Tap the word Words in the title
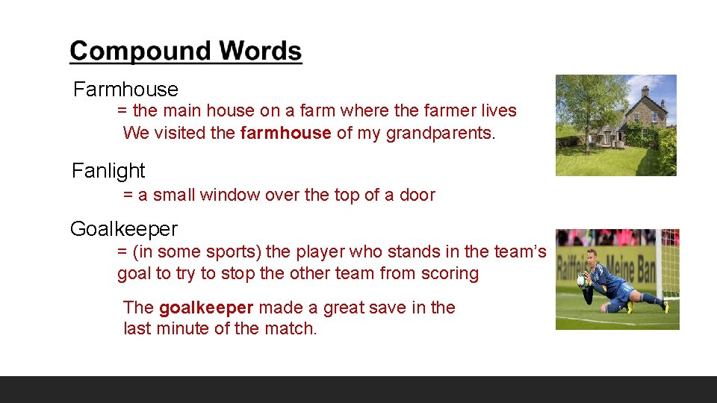click(261, 51)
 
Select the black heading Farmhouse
click(125, 90)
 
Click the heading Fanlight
click(108, 171)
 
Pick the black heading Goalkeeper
click(124, 228)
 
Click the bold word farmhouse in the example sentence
click(286, 134)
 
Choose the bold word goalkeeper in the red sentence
click(206, 307)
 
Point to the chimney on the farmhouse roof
click(645, 90)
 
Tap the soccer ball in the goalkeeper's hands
click(583, 281)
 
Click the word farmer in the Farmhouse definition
click(450, 111)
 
